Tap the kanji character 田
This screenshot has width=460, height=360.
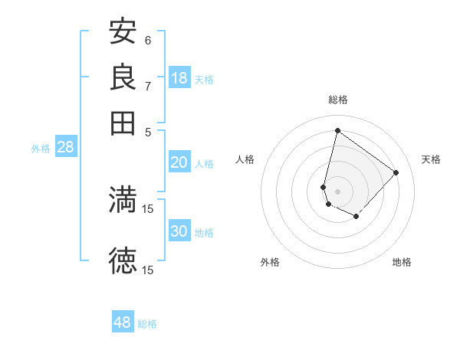coord(123,122)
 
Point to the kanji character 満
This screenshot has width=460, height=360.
coord(123,199)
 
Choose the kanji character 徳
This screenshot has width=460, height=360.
coord(123,260)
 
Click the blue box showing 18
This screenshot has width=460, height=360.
coord(179,78)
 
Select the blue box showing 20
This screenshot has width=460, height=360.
coord(179,162)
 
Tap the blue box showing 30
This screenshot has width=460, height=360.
coord(179,231)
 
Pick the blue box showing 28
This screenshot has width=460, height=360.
coord(65,147)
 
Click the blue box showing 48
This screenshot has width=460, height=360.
coord(123,322)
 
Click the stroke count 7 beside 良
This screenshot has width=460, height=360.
coord(148,86)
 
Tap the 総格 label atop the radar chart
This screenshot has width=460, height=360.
coord(338,100)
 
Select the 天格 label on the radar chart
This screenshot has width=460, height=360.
coord(431,159)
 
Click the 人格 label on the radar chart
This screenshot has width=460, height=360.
coord(245,159)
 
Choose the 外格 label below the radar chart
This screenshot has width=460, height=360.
coord(270,262)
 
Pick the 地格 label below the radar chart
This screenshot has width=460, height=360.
coord(402,262)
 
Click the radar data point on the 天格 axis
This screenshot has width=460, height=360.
coord(396,172)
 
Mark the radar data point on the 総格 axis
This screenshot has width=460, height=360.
coord(337,130)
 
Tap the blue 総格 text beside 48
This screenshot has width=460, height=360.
coord(147,324)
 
